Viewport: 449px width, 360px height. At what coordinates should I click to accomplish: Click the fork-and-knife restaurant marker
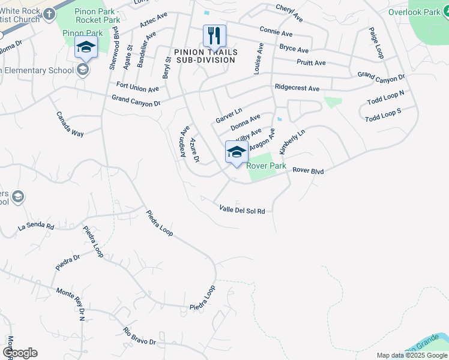click(x=214, y=36)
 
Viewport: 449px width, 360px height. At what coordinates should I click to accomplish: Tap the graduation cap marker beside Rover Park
click(x=237, y=152)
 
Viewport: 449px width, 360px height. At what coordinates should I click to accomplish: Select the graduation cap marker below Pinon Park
click(x=86, y=48)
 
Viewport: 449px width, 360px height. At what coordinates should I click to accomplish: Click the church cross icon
click(x=49, y=13)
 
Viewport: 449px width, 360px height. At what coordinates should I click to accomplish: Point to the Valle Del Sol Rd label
click(x=242, y=209)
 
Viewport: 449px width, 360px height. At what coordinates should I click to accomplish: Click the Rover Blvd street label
click(x=308, y=171)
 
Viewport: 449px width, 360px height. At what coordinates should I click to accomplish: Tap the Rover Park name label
click(x=267, y=166)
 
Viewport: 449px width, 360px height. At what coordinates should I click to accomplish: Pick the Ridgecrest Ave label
click(x=297, y=88)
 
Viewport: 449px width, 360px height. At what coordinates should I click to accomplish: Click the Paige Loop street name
click(x=376, y=42)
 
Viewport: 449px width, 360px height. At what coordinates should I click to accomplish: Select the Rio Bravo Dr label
click(x=139, y=336)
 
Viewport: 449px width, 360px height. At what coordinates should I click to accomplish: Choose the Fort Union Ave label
click(x=137, y=88)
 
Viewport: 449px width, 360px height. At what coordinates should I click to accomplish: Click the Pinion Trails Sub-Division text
click(x=206, y=56)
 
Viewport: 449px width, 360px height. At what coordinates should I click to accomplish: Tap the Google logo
click(x=19, y=353)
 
